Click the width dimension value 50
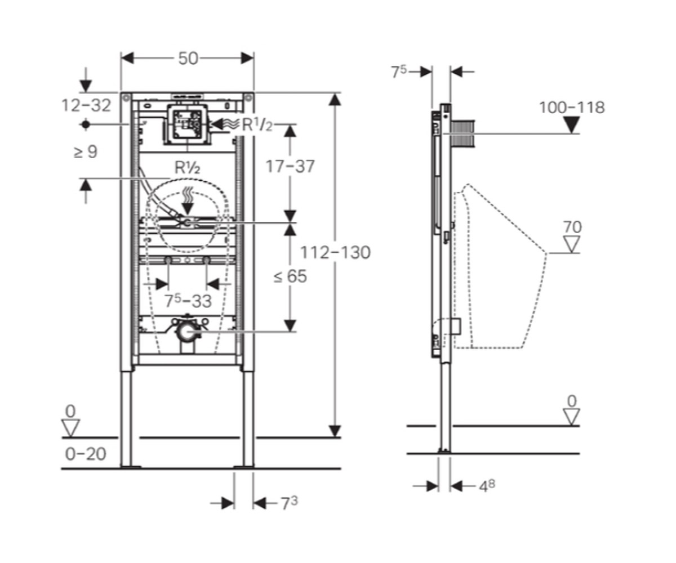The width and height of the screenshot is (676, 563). point(188,59)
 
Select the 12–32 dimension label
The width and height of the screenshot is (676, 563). point(86,105)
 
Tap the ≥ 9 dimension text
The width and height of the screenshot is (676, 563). point(86,151)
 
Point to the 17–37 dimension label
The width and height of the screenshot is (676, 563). point(290,167)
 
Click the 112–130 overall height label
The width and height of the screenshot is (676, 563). point(335,252)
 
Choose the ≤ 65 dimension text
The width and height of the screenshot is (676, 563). point(290,276)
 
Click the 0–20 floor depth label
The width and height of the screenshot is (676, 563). point(86,454)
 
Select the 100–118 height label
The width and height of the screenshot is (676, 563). point(572,108)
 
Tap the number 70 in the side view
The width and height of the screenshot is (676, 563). point(572,227)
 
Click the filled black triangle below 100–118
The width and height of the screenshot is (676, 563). point(571,125)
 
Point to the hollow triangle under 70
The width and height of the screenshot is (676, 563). point(571,244)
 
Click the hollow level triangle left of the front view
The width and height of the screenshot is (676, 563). point(71,428)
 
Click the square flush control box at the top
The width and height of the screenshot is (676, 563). point(188,124)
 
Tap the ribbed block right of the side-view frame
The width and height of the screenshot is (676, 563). point(462,134)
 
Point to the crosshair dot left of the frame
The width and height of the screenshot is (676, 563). point(86,124)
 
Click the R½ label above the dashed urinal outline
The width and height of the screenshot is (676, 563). point(187,168)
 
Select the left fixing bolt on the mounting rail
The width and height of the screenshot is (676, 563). point(168,260)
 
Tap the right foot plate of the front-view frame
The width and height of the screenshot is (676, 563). point(244,467)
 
